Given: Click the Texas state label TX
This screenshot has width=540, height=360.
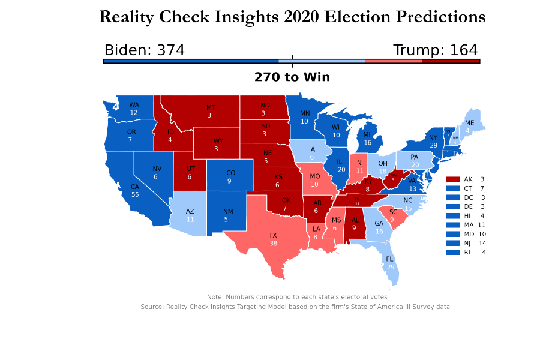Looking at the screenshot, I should [x=273, y=236].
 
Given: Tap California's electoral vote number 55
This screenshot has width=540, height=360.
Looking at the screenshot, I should [x=135, y=195].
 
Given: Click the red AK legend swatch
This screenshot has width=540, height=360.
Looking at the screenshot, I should [x=453, y=179].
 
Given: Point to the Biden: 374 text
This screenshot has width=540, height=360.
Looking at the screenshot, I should [x=144, y=50].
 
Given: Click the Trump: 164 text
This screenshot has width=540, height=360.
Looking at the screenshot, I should [x=435, y=50].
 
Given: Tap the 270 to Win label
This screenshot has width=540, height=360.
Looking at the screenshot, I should [x=292, y=77].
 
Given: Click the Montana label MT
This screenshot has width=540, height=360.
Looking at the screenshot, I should [x=211, y=107].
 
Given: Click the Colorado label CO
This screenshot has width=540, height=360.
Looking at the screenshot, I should [x=231, y=173].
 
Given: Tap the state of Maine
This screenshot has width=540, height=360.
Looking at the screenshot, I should [x=469, y=126].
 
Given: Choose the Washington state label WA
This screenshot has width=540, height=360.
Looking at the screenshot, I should [x=134, y=104].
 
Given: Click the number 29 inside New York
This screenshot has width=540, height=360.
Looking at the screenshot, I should [x=433, y=146].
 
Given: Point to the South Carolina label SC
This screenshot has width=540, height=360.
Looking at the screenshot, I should [x=394, y=212].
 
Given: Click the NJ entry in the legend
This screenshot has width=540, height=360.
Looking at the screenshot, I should [x=467, y=243].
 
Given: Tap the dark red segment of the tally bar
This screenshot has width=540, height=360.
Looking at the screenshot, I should [x=450, y=61].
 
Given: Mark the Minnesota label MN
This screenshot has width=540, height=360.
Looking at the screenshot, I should [x=304, y=113].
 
